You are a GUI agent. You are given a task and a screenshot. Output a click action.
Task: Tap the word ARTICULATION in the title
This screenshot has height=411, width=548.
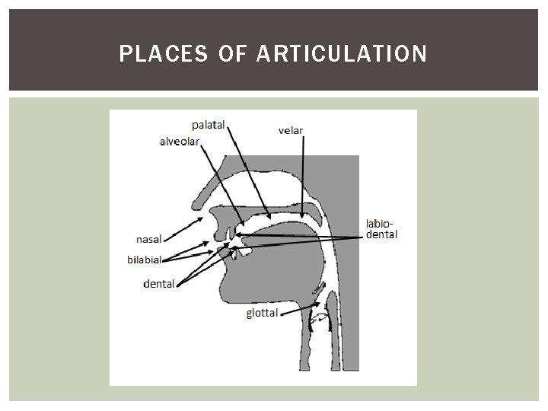tap(342, 54)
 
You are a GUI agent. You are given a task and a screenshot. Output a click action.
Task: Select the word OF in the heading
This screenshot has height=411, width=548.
tap(228, 54)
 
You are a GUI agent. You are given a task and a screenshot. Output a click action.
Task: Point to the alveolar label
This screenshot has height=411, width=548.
tap(180, 141)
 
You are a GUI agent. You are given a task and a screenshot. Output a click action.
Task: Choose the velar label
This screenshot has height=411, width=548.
tap(291, 130)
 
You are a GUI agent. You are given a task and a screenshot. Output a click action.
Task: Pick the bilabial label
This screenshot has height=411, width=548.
tap(145, 259)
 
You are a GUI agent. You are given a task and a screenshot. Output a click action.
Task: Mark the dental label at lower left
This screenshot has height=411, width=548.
tap(159, 284)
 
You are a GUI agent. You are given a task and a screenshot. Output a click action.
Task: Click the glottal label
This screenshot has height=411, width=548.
tap(262, 313)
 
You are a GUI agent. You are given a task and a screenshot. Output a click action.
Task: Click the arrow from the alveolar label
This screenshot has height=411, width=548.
tap(221, 186)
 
